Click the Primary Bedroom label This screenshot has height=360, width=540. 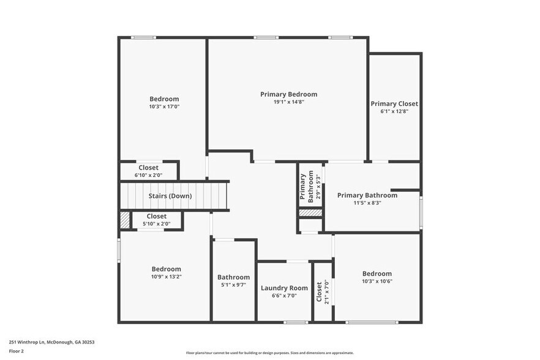(x=288, y=94)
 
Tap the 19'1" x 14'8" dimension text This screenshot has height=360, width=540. (x=288, y=102)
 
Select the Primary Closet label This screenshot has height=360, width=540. (x=394, y=104)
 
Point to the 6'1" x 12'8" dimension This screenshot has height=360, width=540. (x=394, y=111)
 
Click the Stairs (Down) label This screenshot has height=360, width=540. (x=170, y=196)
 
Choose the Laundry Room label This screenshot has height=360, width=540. (x=284, y=288)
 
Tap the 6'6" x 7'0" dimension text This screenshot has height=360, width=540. (x=284, y=296)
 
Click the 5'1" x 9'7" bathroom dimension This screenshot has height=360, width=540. (x=233, y=285)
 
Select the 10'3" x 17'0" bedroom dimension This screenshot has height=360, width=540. (x=164, y=107)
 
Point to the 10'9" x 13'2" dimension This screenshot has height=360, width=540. (x=167, y=277)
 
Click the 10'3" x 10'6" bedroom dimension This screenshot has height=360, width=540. (x=377, y=282)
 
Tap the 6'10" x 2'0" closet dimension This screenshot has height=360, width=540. (x=148, y=175)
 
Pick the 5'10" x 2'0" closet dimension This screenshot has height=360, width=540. (x=156, y=223)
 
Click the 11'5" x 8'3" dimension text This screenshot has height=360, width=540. (x=367, y=203)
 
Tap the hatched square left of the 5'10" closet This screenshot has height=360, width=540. (x=125, y=220)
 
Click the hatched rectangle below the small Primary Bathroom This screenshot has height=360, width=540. (x=310, y=212)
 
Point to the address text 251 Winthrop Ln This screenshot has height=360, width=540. (x=51, y=342)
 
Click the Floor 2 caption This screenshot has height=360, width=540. (x=17, y=351)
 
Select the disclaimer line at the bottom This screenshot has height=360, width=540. (x=269, y=353)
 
